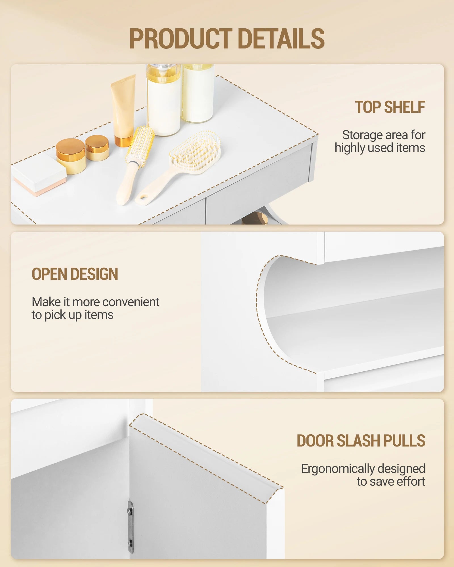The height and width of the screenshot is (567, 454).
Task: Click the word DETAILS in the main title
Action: (281, 39)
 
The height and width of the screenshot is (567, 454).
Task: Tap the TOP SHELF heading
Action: (390, 107)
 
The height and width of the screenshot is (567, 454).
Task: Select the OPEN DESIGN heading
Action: (75, 274)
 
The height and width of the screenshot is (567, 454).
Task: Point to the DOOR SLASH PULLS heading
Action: (361, 441)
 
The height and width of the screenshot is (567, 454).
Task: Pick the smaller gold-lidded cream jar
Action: (97, 148)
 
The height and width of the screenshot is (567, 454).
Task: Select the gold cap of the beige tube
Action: (124, 141)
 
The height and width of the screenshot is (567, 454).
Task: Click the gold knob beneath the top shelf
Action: (257, 218)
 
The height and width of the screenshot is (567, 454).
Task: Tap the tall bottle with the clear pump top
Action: (164, 100)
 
